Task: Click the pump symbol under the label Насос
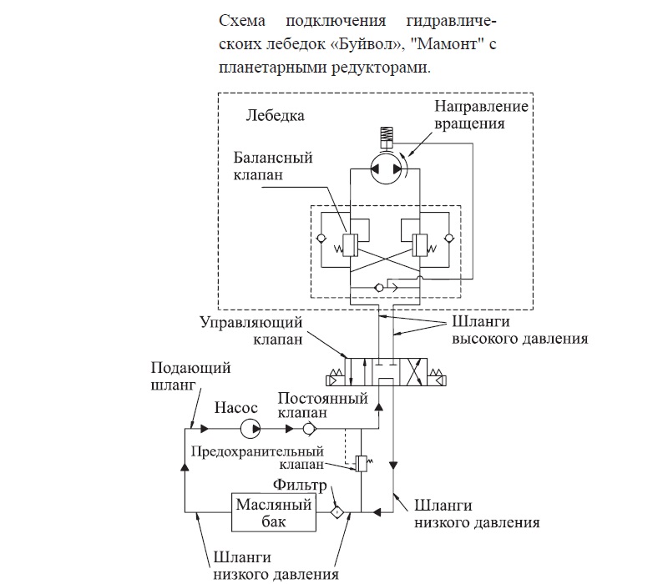250,429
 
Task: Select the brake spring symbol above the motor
386,133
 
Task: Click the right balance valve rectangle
421,242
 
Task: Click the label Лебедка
276,115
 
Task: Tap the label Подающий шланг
178,377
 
